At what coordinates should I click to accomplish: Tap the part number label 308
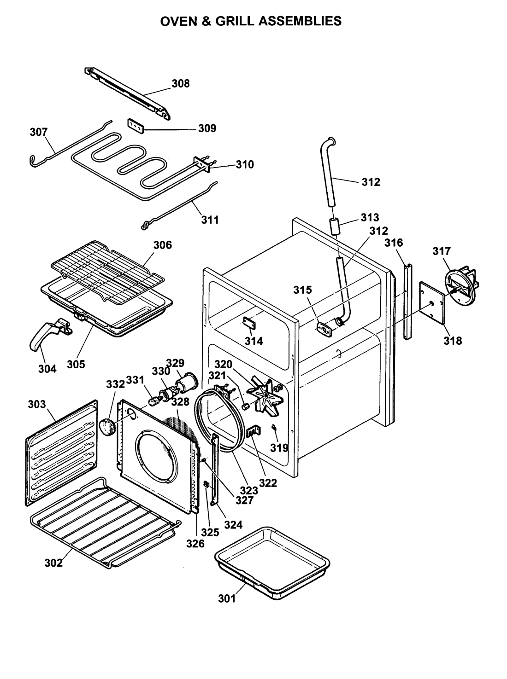(x=181, y=83)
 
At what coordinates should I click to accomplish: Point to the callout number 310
(x=245, y=164)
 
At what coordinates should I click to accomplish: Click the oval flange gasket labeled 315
(x=324, y=329)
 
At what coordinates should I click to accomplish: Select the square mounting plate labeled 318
(x=432, y=302)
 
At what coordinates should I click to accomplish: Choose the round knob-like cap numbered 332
(x=107, y=428)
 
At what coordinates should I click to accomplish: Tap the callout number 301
(x=227, y=598)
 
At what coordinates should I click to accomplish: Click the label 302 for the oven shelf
(x=53, y=563)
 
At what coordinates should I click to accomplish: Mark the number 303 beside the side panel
(x=36, y=404)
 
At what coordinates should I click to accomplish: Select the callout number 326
(x=195, y=544)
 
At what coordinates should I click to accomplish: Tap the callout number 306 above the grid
(x=162, y=245)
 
